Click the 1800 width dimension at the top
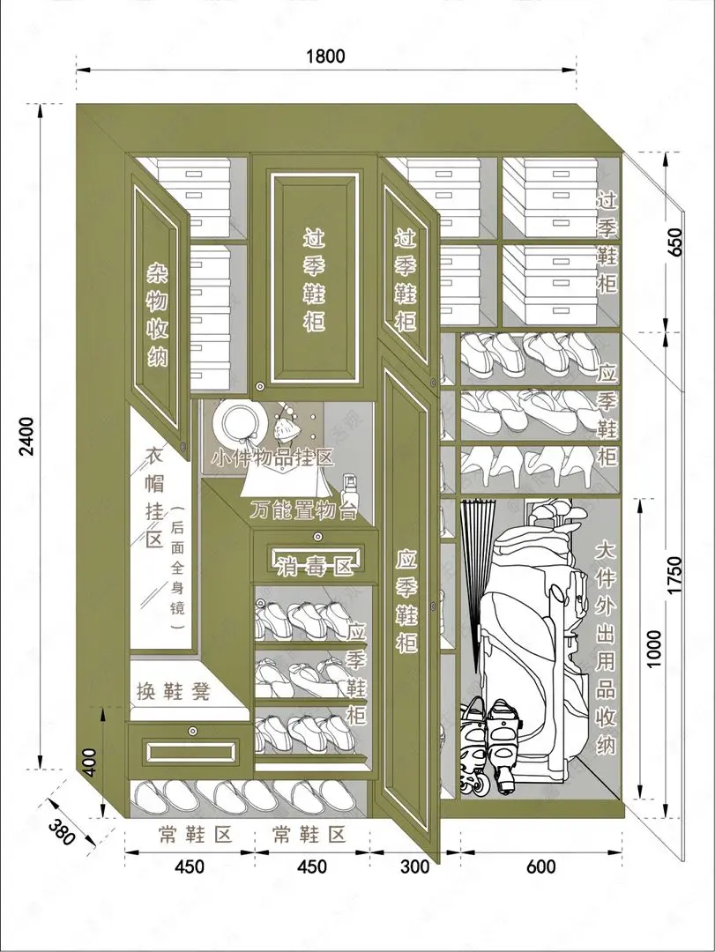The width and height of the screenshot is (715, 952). (x=325, y=56)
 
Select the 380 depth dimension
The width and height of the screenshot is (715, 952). (x=62, y=833)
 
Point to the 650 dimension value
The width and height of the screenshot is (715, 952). (x=675, y=242)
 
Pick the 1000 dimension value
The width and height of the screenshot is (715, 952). (x=653, y=648)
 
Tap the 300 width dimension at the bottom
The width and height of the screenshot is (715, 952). (x=415, y=866)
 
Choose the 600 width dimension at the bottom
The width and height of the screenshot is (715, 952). (x=540, y=866)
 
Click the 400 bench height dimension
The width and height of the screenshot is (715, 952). (x=90, y=762)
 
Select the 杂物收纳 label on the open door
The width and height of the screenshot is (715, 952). (x=157, y=314)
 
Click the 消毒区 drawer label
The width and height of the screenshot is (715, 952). (x=316, y=567)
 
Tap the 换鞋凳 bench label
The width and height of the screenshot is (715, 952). (x=174, y=691)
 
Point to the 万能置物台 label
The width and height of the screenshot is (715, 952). (x=304, y=510)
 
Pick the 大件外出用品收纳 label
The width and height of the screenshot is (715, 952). (x=606, y=648)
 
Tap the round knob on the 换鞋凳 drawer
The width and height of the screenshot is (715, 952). (x=194, y=730)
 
